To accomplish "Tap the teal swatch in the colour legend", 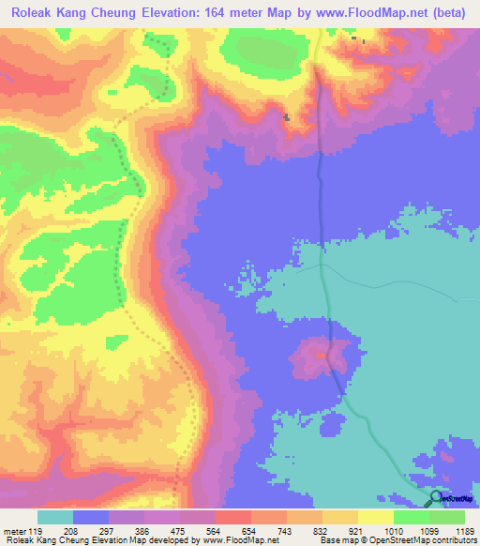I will [55, 516].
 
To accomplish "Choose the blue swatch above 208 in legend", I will [91, 516].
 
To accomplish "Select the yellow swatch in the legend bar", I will [375, 516].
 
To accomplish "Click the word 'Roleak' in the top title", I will [30, 11].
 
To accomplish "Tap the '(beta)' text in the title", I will [452, 11].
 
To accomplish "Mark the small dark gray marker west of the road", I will [287, 117].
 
